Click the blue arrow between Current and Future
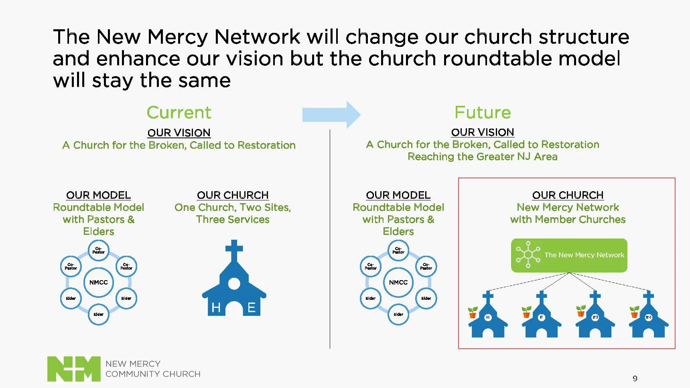click(x=331, y=115)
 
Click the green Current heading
click(x=179, y=112)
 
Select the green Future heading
click(x=483, y=112)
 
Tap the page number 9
click(x=635, y=378)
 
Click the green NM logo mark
click(x=74, y=368)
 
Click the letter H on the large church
click(x=216, y=307)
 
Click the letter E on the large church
click(x=252, y=307)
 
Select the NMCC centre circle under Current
click(x=99, y=282)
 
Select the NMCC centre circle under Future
click(x=398, y=282)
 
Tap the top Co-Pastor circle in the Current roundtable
click(x=99, y=251)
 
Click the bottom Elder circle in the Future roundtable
click(x=398, y=314)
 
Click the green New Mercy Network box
click(x=569, y=255)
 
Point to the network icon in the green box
click(x=528, y=255)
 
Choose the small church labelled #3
click(x=595, y=317)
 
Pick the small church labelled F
click(x=542, y=317)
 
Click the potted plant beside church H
click(x=473, y=312)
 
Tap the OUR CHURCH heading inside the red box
click(x=568, y=195)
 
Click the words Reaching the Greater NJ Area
click(x=483, y=157)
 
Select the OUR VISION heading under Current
click(x=179, y=133)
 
